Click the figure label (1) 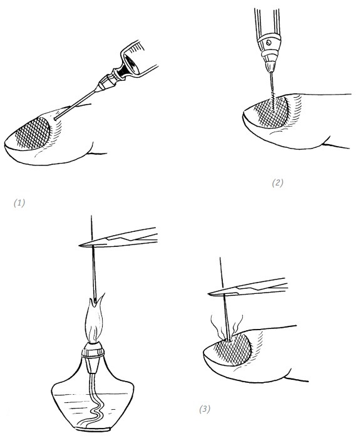coord(19,203)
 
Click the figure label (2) coord(277,183)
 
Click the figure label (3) coord(205,409)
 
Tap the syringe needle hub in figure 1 coord(105,82)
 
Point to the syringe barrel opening coord(131,65)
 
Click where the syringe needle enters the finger coord(55,119)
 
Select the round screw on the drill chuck coord(269,43)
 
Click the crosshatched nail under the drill coord(272,112)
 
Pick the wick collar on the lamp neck coord(93,352)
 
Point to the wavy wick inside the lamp coord(94,402)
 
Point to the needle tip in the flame coord(96,302)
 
